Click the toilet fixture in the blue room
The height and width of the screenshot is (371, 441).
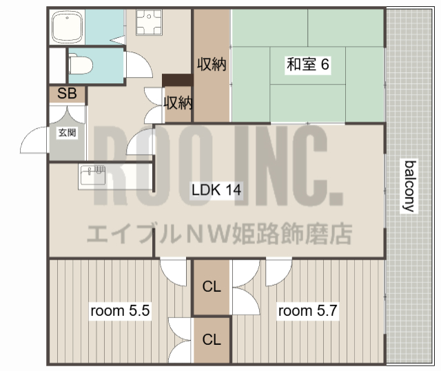(x=81, y=64)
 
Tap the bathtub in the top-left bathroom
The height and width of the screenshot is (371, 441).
(x=68, y=28)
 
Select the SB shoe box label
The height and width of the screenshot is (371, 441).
(x=67, y=94)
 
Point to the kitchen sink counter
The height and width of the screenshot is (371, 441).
(x=92, y=175)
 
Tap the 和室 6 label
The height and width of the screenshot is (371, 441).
(x=308, y=65)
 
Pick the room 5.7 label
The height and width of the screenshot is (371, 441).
(x=307, y=311)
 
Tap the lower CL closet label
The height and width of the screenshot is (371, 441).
(x=212, y=339)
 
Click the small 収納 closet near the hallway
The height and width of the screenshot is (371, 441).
(x=177, y=103)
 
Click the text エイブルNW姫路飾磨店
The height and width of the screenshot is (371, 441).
(x=219, y=234)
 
